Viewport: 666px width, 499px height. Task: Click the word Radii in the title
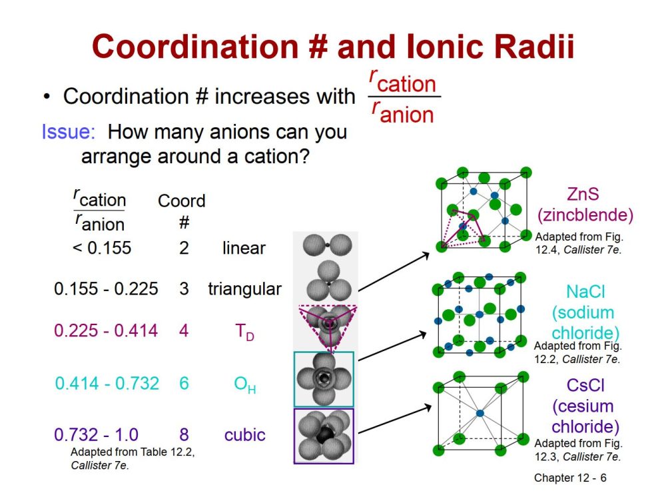point(533,46)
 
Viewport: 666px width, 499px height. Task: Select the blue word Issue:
point(69,132)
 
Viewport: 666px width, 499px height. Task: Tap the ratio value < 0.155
point(102,248)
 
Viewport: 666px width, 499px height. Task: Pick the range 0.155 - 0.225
point(106,288)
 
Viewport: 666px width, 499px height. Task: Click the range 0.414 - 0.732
point(107,383)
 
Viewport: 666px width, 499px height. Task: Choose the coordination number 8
point(184,434)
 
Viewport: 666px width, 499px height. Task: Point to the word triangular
point(244,289)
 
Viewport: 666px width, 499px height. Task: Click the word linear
point(244,248)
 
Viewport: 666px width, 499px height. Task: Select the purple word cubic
point(244,435)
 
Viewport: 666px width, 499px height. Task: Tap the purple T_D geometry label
point(244,332)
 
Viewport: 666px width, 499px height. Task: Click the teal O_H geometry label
point(245,384)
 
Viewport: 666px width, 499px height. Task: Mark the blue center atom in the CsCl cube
point(480,413)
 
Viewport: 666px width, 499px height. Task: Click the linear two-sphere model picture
point(327,245)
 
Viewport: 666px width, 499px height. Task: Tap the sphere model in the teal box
point(324,379)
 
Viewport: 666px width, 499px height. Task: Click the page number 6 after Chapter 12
point(603,478)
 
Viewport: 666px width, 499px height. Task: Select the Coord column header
point(181,201)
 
